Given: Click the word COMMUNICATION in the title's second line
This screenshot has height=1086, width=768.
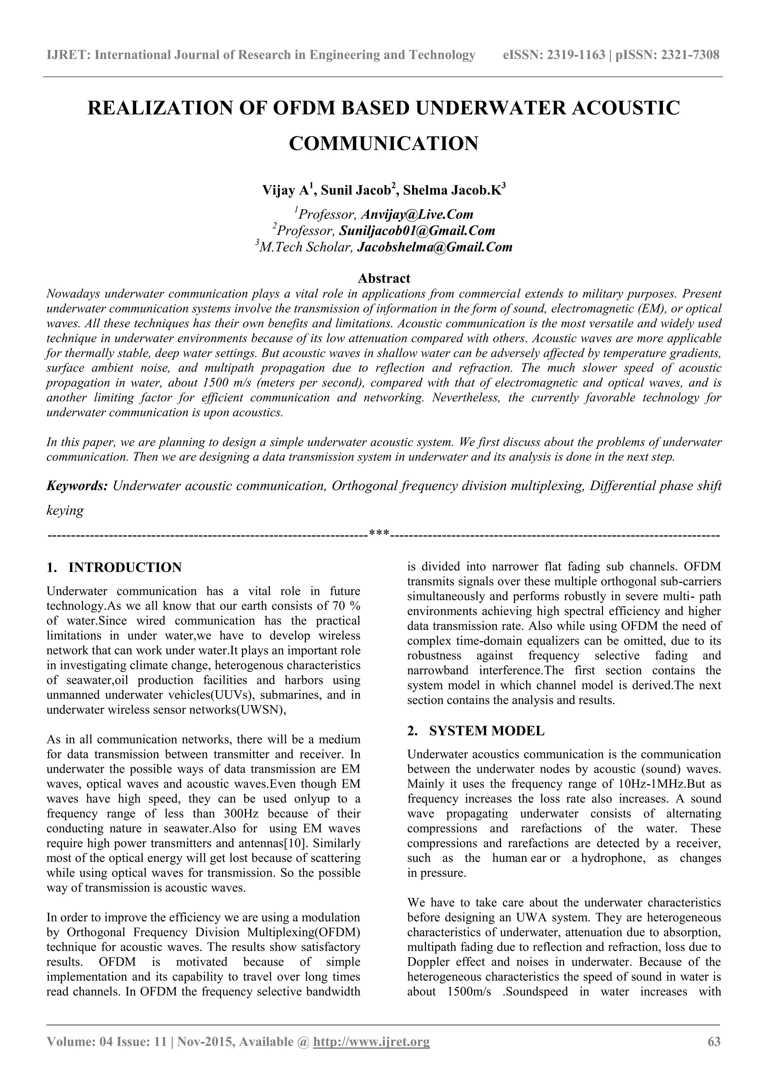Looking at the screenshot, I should (x=383, y=143).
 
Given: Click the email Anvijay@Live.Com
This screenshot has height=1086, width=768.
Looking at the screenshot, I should (x=417, y=215).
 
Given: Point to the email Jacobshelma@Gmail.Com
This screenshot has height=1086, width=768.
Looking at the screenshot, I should (x=434, y=247).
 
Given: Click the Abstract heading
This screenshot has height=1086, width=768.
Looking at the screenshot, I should (x=384, y=278).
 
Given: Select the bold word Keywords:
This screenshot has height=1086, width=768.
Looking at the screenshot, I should (x=78, y=486).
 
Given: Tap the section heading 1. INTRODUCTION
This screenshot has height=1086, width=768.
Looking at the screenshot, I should (x=114, y=568).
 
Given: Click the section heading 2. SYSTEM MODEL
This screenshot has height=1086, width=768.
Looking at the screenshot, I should (x=475, y=731).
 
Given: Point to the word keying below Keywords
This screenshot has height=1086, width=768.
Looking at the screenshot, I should (x=65, y=511).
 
